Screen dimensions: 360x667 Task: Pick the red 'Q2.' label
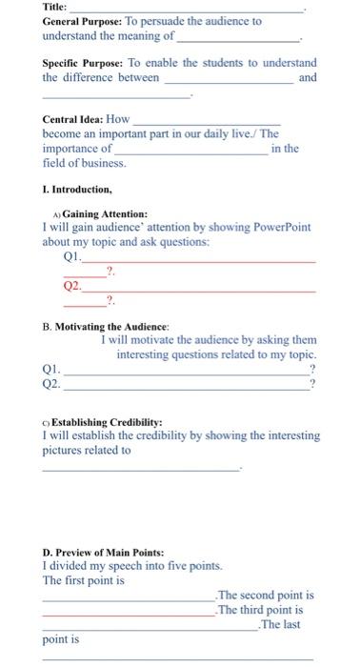pos(72,285)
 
